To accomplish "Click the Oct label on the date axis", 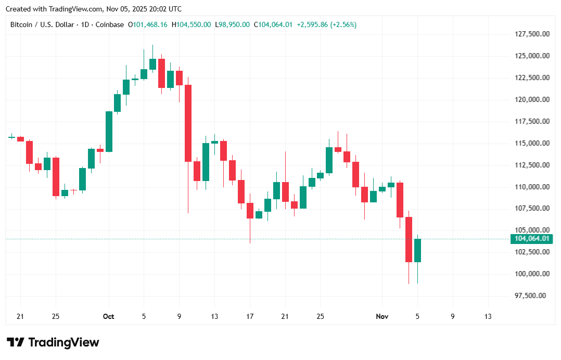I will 108,316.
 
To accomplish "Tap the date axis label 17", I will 250,316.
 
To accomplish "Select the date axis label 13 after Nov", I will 488,316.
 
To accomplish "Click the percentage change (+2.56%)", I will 342,24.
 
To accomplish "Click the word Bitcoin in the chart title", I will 21,24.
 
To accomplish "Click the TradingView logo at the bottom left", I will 53,342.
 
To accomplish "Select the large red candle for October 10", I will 188,123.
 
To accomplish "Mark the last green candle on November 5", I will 417,250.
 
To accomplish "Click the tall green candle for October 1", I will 109,131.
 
